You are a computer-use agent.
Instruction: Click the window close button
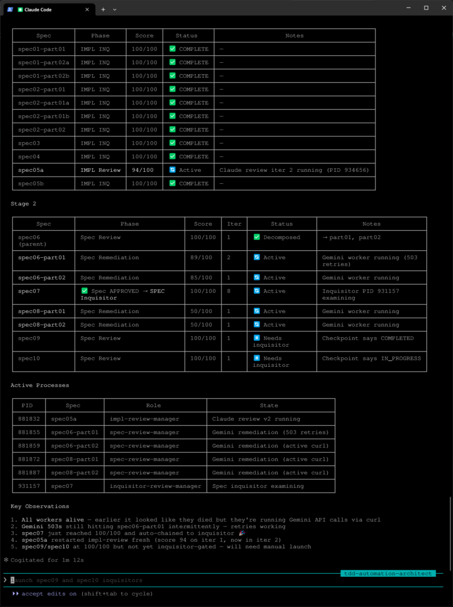[x=442, y=8]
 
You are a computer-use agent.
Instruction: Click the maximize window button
[x=426, y=8]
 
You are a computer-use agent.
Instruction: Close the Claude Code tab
[x=87, y=9]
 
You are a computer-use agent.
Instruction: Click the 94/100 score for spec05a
[x=144, y=170]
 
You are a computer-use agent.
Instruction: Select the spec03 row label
[x=29, y=143]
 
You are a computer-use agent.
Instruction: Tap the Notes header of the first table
[x=294, y=36]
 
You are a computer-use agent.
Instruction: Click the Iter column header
[x=234, y=224]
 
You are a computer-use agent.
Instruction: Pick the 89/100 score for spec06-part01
[x=203, y=258]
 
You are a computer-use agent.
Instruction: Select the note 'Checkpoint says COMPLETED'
[x=368, y=338]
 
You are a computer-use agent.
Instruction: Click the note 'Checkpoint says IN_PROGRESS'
[x=371, y=359]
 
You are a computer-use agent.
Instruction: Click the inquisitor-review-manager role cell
[x=155, y=486]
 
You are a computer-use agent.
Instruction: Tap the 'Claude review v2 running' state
[x=256, y=419]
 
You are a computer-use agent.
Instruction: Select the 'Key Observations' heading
[x=40, y=506]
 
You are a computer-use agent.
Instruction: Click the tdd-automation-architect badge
[x=388, y=573]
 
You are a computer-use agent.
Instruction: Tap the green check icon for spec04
[x=173, y=156]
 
